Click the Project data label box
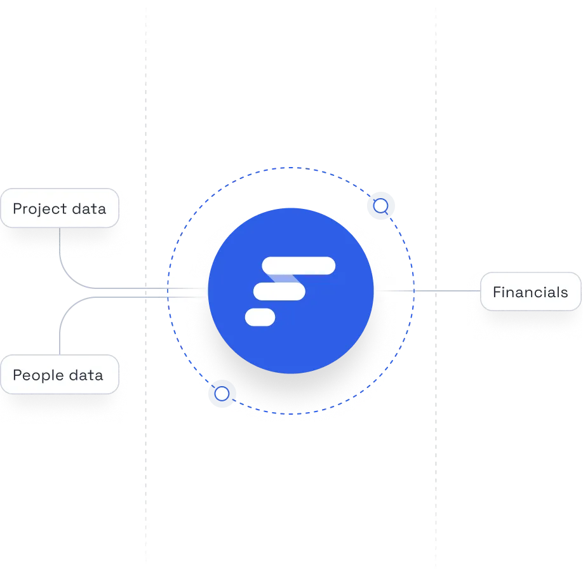(60, 208)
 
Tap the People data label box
(60, 375)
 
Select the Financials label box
(530, 292)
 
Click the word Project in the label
(36, 209)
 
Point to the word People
(34, 375)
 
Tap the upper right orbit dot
(380, 206)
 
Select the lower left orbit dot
(222, 394)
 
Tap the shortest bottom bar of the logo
(260, 317)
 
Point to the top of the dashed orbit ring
(291, 168)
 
